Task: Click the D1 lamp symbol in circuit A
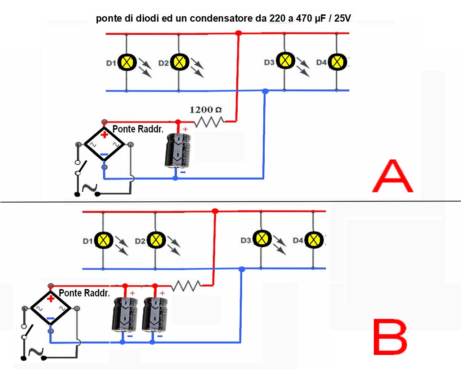tap(127, 62)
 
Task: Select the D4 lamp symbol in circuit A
tap(337, 62)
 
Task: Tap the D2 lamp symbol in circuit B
tap(156, 240)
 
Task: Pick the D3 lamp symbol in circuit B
tap(262, 239)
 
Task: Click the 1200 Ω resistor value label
tap(205, 110)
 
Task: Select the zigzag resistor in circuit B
tap(186, 286)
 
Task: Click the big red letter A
tap(392, 176)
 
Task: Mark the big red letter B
tap(390, 337)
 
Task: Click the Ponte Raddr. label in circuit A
tap(138, 129)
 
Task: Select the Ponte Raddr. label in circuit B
tap(84, 293)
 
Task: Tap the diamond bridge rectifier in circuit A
tap(104, 145)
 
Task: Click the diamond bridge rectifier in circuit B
tap(50, 308)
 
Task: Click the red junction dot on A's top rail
tap(238, 33)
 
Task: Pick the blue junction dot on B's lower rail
tap(242, 269)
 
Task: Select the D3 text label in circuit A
tap(269, 62)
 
